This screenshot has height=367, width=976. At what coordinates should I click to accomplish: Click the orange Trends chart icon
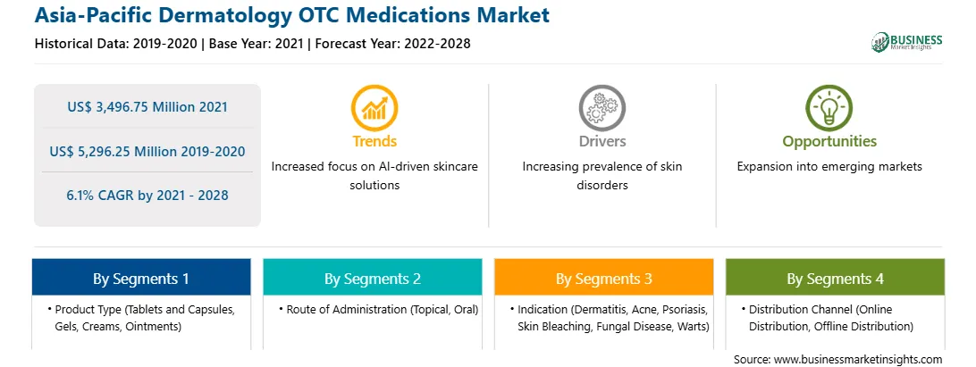(x=374, y=108)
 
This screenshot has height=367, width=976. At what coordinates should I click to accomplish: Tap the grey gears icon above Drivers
(x=602, y=108)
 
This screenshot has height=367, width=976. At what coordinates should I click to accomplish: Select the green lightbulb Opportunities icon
(x=829, y=108)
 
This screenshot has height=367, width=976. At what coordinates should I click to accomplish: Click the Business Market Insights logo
(x=907, y=42)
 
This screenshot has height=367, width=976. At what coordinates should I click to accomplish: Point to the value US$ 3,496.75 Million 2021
(x=147, y=107)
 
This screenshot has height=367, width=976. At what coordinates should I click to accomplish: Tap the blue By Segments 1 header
(x=141, y=279)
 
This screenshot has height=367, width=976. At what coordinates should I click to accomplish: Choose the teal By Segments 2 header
(x=372, y=279)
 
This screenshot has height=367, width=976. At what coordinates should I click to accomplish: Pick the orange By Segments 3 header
(x=604, y=279)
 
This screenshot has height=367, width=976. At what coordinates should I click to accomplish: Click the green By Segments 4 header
(x=836, y=279)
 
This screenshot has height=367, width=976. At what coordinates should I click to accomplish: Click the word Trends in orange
(x=374, y=142)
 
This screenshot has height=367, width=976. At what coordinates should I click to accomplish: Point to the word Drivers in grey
(x=602, y=142)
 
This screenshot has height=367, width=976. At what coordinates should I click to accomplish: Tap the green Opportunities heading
(x=829, y=142)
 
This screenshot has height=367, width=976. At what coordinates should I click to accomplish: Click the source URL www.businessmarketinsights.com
(x=856, y=360)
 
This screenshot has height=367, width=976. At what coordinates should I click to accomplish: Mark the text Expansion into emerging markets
(x=829, y=167)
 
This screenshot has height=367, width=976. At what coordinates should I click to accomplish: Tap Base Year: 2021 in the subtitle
(x=257, y=44)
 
